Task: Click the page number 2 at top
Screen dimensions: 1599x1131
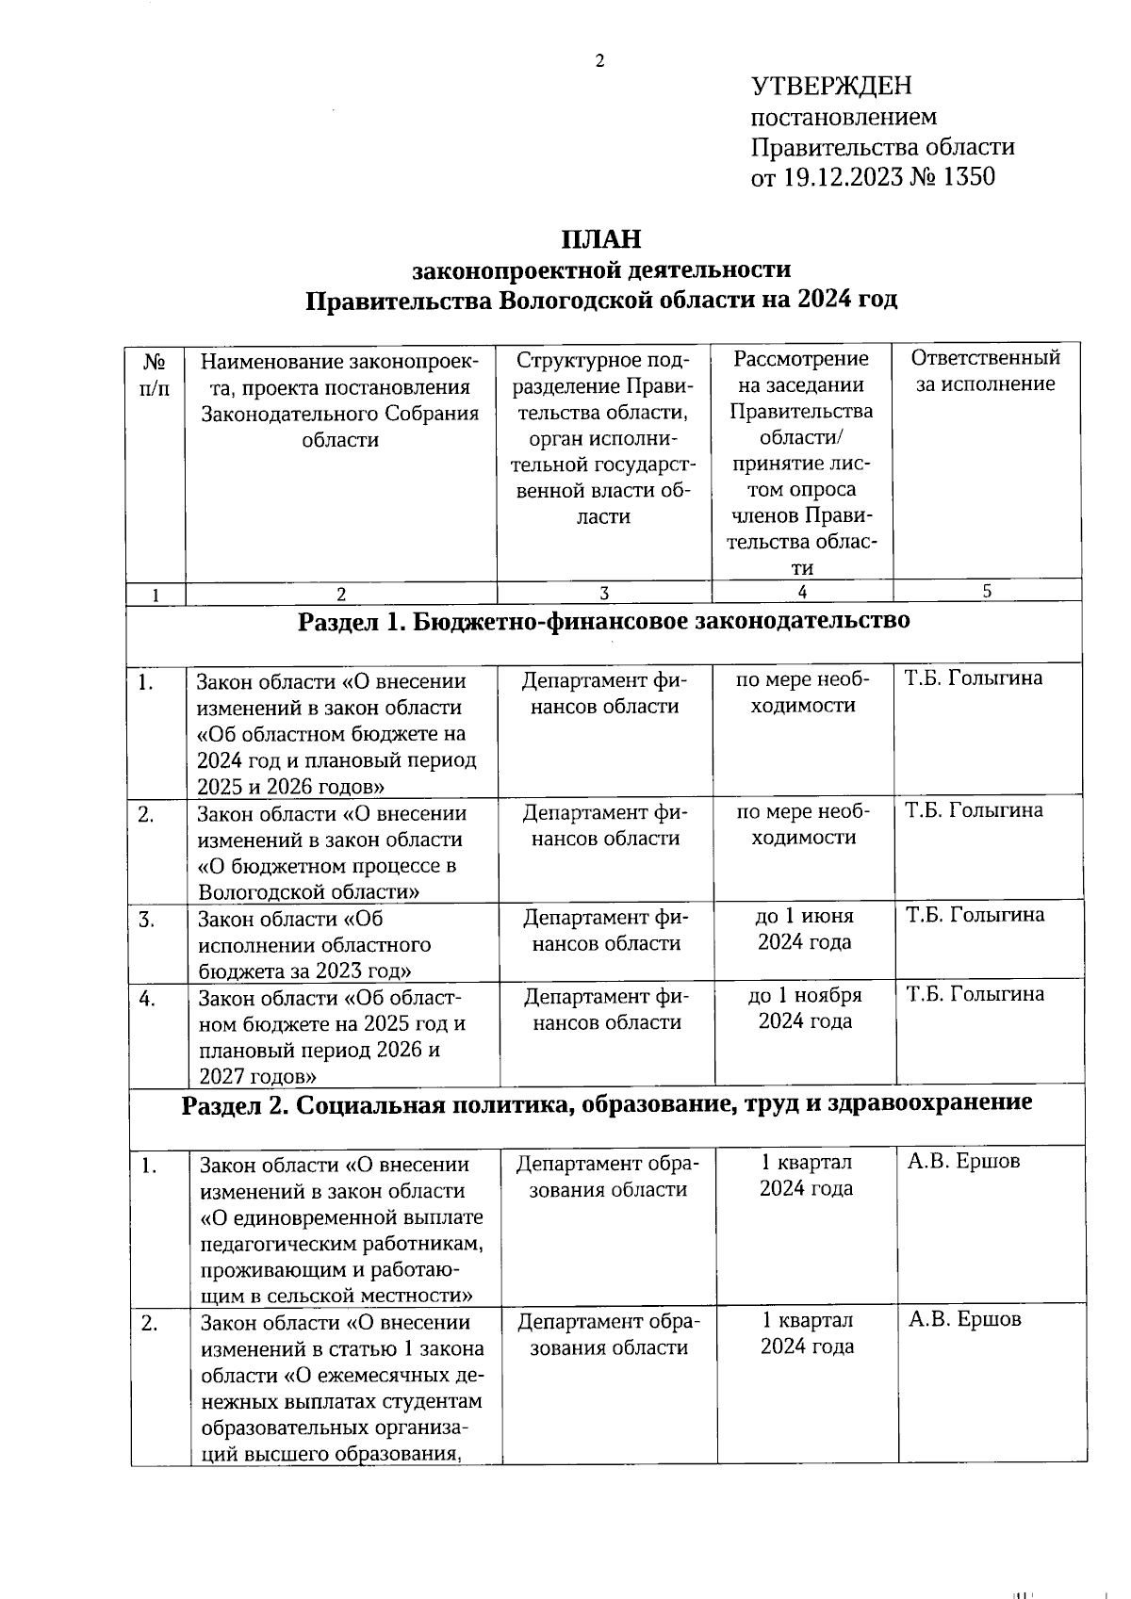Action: point(598,62)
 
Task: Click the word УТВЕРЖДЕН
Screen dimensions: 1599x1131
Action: point(831,87)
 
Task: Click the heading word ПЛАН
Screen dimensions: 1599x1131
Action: point(601,239)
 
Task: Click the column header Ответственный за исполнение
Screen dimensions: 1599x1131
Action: point(985,370)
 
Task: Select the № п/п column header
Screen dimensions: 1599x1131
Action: point(156,374)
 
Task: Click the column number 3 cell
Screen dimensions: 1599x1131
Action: point(603,593)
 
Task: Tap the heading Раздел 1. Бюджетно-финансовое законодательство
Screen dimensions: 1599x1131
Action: point(603,621)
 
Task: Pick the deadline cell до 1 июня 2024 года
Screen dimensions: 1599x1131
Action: point(804,929)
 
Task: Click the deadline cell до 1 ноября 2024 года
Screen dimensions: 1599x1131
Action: point(805,1008)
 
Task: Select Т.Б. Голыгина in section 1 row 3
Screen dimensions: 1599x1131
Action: point(975,915)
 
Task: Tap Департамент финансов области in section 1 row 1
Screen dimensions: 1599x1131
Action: point(604,693)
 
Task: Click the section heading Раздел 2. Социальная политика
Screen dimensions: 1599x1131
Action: point(606,1103)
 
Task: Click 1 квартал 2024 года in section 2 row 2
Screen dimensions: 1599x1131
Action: point(808,1333)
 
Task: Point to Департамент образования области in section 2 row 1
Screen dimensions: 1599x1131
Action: point(608,1177)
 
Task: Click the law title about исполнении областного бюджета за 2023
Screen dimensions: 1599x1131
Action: point(314,944)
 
